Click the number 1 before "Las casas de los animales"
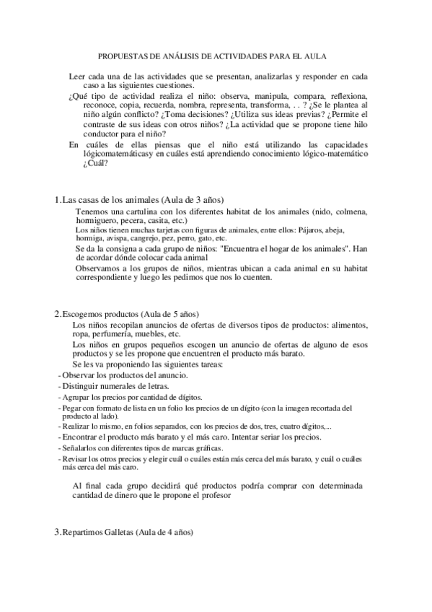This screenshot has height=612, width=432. point(57,199)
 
